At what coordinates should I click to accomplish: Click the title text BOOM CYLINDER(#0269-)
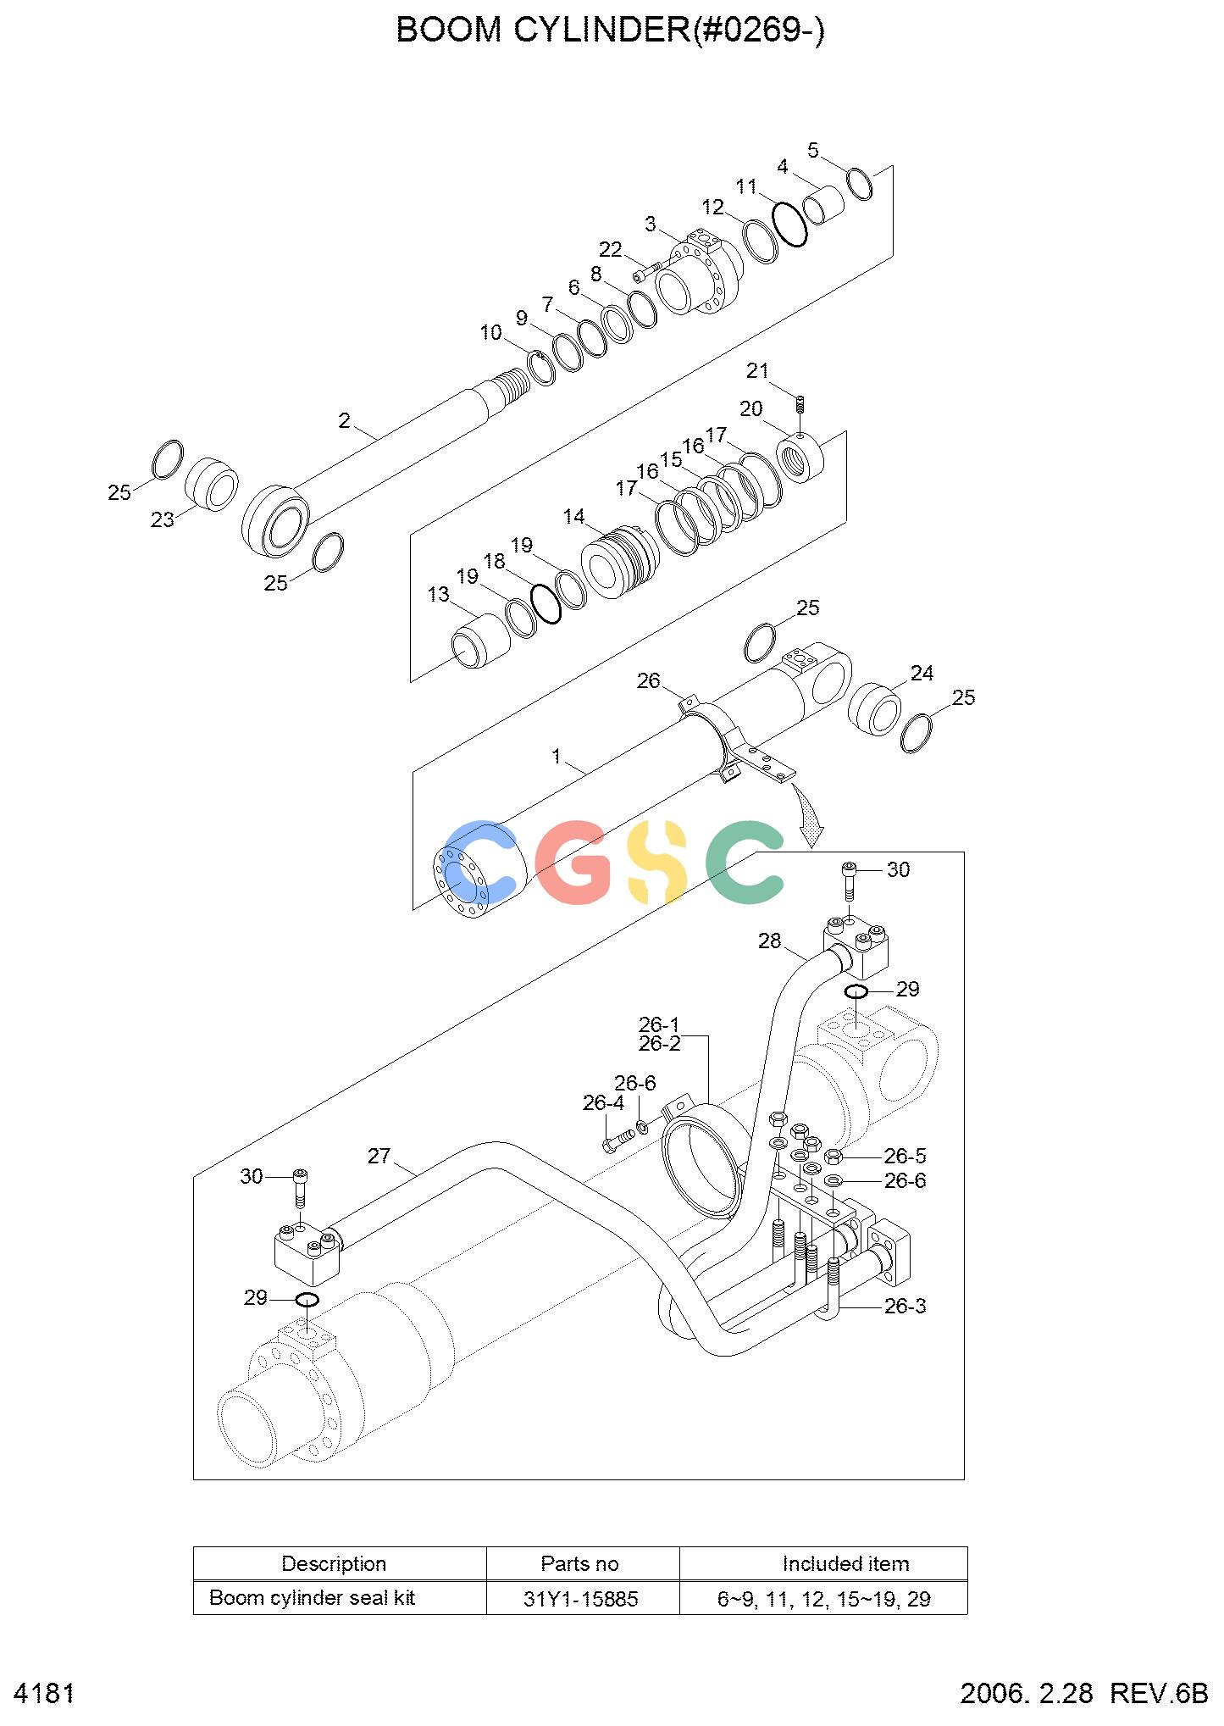pyautogui.click(x=610, y=31)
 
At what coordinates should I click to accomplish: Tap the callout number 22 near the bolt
pyautogui.click(x=610, y=250)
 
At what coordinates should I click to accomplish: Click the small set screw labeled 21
pyautogui.click(x=800, y=405)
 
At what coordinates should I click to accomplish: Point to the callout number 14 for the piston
pyautogui.click(x=573, y=516)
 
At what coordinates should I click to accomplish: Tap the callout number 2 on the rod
pyautogui.click(x=344, y=421)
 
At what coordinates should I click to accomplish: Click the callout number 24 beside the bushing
pyautogui.click(x=922, y=673)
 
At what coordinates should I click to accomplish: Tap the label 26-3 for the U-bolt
pyautogui.click(x=906, y=1306)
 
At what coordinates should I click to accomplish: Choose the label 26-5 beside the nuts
pyautogui.click(x=906, y=1156)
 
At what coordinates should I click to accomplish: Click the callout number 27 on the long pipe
pyautogui.click(x=379, y=1156)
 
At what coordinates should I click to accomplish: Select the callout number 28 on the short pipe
pyautogui.click(x=769, y=941)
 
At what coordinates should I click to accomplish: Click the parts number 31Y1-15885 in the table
pyautogui.click(x=581, y=1599)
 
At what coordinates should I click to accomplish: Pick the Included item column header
pyautogui.click(x=845, y=1563)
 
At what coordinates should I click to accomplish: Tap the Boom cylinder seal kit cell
pyautogui.click(x=313, y=1598)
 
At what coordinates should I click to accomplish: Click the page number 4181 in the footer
pyautogui.click(x=45, y=1694)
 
